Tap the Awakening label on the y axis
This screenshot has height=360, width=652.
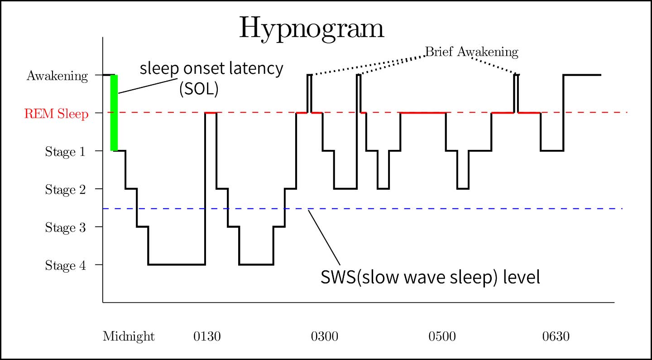coord(57,76)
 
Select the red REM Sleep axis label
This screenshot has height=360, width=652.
coord(56,114)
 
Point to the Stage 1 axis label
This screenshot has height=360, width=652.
coord(65,152)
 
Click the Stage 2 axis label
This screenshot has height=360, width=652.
coord(65,190)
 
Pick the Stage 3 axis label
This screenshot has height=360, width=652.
coord(65,228)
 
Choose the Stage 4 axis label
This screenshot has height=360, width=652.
coord(65,265)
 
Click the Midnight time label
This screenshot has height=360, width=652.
coord(129,337)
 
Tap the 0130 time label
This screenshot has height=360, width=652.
coord(207,337)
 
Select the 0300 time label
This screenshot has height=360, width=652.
coord(324,337)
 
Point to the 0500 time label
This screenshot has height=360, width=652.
coord(442,337)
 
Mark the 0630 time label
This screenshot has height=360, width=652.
coord(556,337)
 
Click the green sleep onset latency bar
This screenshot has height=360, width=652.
coord(114,113)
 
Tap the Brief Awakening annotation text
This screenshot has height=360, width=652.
coord(471,52)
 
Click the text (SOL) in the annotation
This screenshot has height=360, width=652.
coord(199,89)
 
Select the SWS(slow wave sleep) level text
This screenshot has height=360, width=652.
coord(430,277)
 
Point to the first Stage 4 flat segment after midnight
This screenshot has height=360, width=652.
coord(177,264)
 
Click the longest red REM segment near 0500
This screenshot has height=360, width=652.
coord(423,112)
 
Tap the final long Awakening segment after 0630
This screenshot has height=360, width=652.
coord(582,75)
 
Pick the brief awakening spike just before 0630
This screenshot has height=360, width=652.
coord(516,93)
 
